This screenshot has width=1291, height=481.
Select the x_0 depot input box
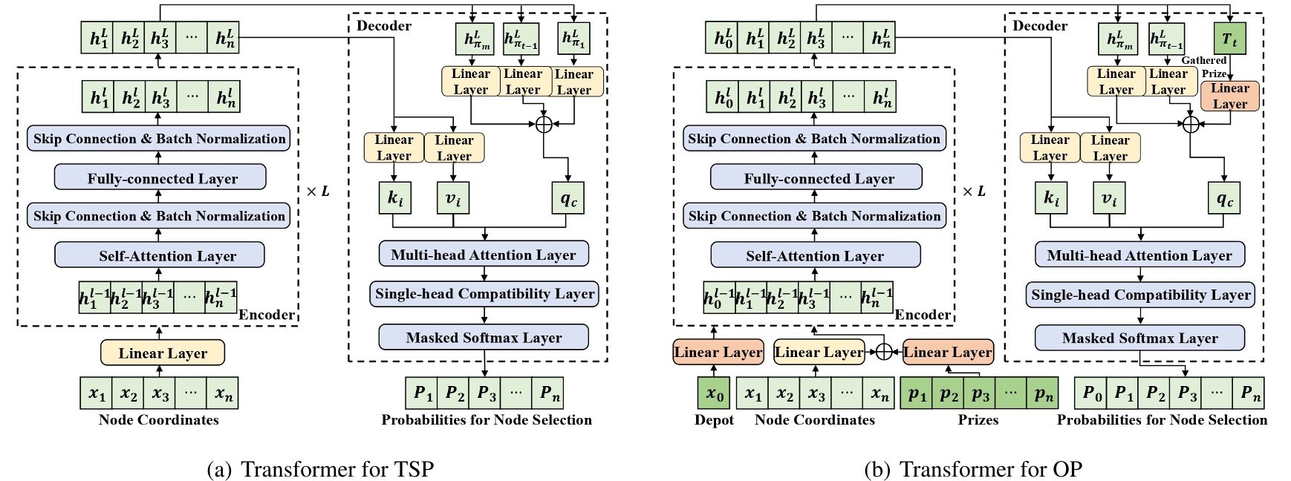715,394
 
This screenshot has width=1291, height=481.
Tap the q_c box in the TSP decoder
569,199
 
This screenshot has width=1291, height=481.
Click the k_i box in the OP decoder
1050,199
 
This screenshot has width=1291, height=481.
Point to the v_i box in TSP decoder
454,199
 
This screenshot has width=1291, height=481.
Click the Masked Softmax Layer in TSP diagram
484,338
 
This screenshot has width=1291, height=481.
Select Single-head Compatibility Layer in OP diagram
1140,295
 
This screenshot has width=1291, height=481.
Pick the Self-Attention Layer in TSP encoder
160,256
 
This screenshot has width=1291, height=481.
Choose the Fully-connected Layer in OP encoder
816,178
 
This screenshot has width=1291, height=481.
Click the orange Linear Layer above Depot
718,353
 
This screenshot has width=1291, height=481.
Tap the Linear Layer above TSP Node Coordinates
163,353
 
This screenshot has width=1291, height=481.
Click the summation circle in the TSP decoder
544,124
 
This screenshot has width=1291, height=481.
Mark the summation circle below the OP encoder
883,352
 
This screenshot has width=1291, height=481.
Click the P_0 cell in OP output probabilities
1093,394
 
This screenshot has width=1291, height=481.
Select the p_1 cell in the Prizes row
917,394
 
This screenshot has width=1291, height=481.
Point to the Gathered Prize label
1204,67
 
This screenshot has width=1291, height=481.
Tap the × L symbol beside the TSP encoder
318,192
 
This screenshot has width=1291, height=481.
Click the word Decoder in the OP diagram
1040,26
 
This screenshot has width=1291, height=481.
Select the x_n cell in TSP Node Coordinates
224,394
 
